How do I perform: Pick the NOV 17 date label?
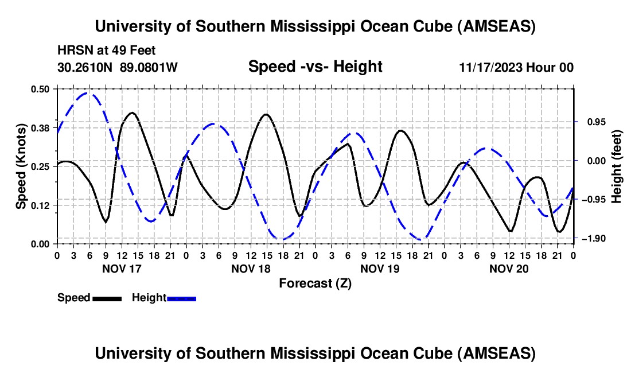[x=122, y=268]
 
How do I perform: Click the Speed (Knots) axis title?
[x=21, y=166]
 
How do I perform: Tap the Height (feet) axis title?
[x=617, y=166]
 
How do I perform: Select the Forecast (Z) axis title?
[x=315, y=283]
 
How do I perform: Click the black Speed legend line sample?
[x=107, y=298]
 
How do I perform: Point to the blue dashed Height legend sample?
[x=181, y=298]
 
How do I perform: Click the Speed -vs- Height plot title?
[x=315, y=67]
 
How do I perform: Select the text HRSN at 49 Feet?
[x=106, y=50]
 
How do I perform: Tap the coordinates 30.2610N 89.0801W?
[x=118, y=67]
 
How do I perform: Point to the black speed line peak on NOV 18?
[x=266, y=114]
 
